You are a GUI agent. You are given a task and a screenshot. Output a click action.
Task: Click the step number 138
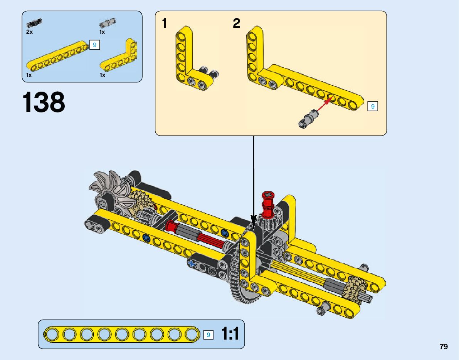point(44,102)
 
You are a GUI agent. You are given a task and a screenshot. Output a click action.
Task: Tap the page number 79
point(443,347)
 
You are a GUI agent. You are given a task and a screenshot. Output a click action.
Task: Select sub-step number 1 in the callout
point(165,24)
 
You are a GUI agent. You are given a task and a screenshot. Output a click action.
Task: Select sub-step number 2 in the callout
point(236,24)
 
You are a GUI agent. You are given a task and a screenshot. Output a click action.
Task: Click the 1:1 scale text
point(230,334)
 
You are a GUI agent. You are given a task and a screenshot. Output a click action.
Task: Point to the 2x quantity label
point(30,32)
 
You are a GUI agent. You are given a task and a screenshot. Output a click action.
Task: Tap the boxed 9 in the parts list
point(94,45)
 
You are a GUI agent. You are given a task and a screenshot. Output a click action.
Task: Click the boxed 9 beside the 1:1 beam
point(208,335)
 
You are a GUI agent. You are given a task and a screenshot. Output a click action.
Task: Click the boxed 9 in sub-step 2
point(373,106)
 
